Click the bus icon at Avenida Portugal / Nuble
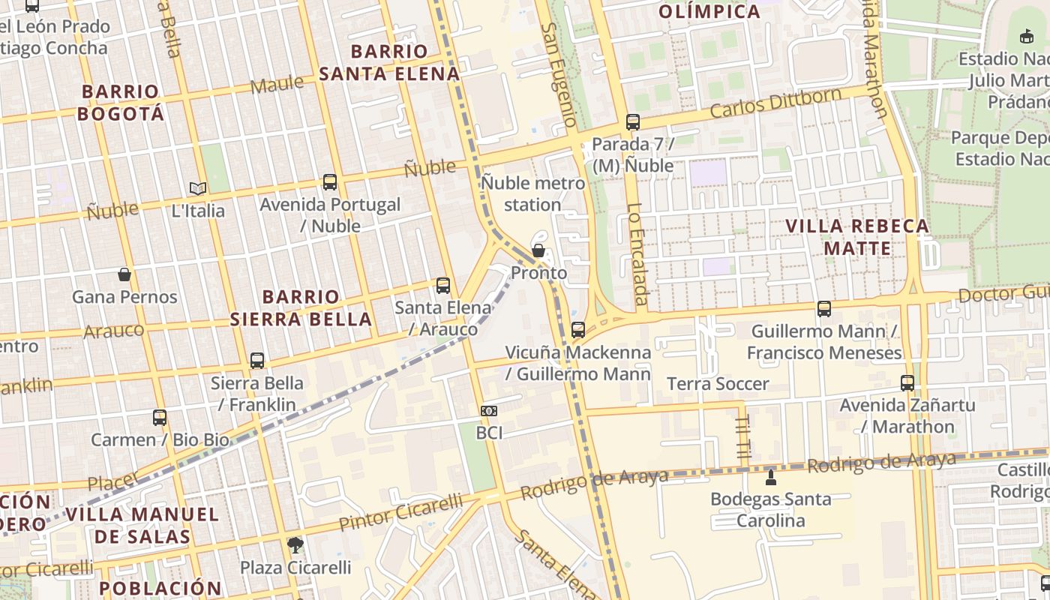329,181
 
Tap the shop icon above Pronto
538,250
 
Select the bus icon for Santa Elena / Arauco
443,285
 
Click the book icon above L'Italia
198,188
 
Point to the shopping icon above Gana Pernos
124,274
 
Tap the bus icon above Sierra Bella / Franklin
257,360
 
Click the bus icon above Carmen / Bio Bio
160,417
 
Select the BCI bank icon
489,410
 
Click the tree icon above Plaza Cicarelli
295,544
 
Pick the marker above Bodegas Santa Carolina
770,477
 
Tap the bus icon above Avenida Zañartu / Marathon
907,382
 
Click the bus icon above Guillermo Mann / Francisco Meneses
824,308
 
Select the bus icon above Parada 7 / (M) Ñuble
633,121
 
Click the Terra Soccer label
718,384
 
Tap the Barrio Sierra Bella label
301,307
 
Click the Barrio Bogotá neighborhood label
121,103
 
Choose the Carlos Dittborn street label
775,103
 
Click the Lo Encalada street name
637,254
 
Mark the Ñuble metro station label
532,193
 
